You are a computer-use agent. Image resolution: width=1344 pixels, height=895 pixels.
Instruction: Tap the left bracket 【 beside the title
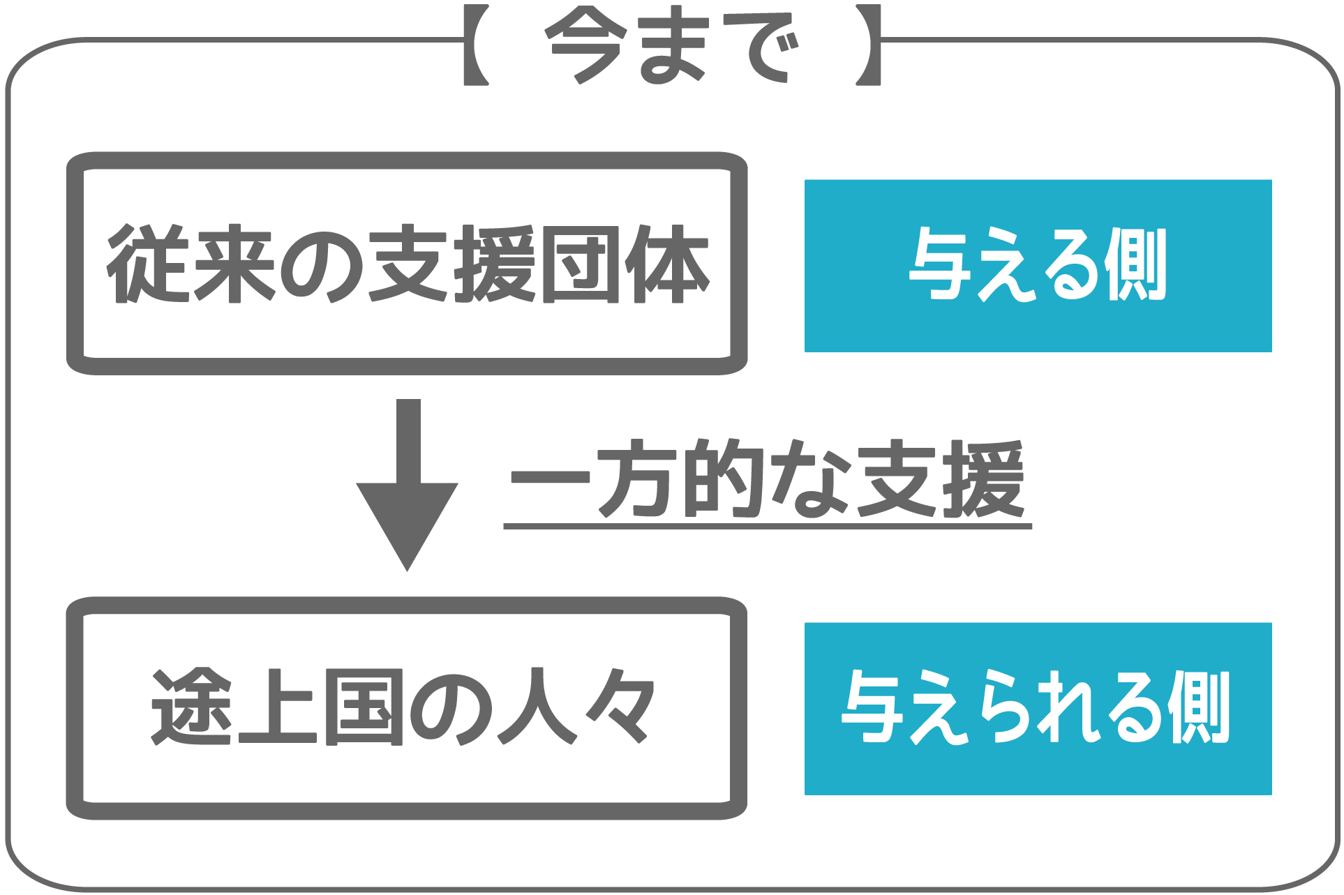pos(475,45)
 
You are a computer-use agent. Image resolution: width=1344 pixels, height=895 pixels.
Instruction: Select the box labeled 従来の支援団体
pos(407,263)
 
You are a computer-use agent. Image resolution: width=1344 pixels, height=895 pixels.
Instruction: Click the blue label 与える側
pos(1038,265)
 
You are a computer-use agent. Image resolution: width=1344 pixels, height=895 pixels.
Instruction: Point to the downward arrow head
pos(408,523)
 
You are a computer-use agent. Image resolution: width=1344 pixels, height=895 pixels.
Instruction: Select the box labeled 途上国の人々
pos(407,707)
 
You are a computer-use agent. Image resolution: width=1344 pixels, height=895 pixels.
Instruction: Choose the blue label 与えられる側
pos(1038,708)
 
